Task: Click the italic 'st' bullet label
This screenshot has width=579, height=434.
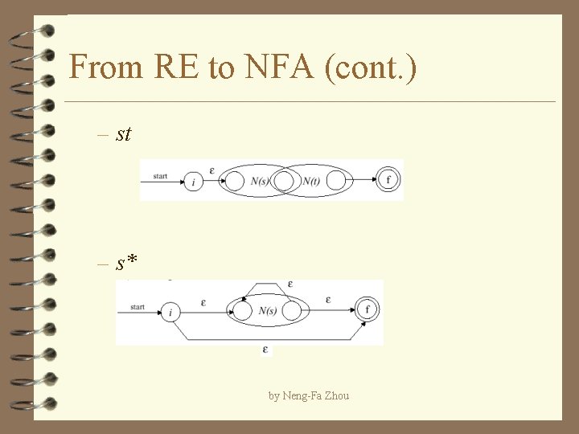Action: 123,133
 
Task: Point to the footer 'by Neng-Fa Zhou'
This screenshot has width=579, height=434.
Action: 309,395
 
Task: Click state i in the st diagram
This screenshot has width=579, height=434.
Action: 193,182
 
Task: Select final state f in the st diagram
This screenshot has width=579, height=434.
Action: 388,179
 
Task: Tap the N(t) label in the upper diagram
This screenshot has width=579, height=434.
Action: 312,181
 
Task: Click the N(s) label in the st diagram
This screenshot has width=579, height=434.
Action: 260,181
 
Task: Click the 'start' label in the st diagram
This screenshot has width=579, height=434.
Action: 159,176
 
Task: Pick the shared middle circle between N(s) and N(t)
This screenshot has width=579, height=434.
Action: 285,181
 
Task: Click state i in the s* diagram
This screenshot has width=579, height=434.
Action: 170,312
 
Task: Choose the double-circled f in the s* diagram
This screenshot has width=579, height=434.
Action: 368,309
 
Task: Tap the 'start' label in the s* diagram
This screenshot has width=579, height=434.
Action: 137,306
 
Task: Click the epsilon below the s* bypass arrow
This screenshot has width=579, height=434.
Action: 265,350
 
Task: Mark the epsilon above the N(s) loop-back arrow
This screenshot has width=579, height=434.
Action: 289,284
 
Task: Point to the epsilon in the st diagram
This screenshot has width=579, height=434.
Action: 211,170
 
